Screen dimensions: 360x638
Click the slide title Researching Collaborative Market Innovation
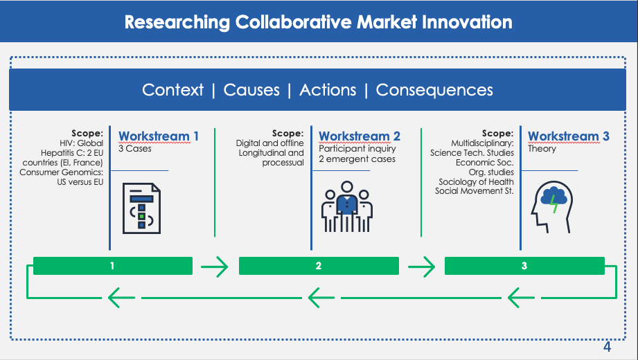tap(319, 21)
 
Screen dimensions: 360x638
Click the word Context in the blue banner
tap(172, 90)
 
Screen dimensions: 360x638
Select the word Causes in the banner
tap(251, 90)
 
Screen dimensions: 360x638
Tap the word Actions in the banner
tap(328, 90)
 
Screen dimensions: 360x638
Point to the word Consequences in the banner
tap(434, 90)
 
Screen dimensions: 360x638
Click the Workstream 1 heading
tap(159, 136)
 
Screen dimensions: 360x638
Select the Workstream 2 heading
tap(360, 136)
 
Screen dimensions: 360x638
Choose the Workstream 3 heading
tap(569, 136)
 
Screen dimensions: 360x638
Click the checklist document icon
tap(141, 208)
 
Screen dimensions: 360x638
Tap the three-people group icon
tap(347, 206)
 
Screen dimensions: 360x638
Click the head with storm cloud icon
tap(549, 207)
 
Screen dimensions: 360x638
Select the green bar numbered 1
tap(112, 266)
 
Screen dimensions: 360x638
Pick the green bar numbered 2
tap(319, 266)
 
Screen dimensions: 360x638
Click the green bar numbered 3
tap(524, 266)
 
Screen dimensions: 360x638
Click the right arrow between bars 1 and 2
tap(214, 266)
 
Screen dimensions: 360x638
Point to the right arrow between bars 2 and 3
tap(420, 266)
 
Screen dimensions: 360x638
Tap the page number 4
tap(607, 347)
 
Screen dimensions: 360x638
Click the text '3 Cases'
tap(135, 149)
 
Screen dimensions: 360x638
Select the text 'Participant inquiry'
tap(357, 149)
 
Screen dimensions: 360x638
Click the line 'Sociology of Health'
tap(477, 181)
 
